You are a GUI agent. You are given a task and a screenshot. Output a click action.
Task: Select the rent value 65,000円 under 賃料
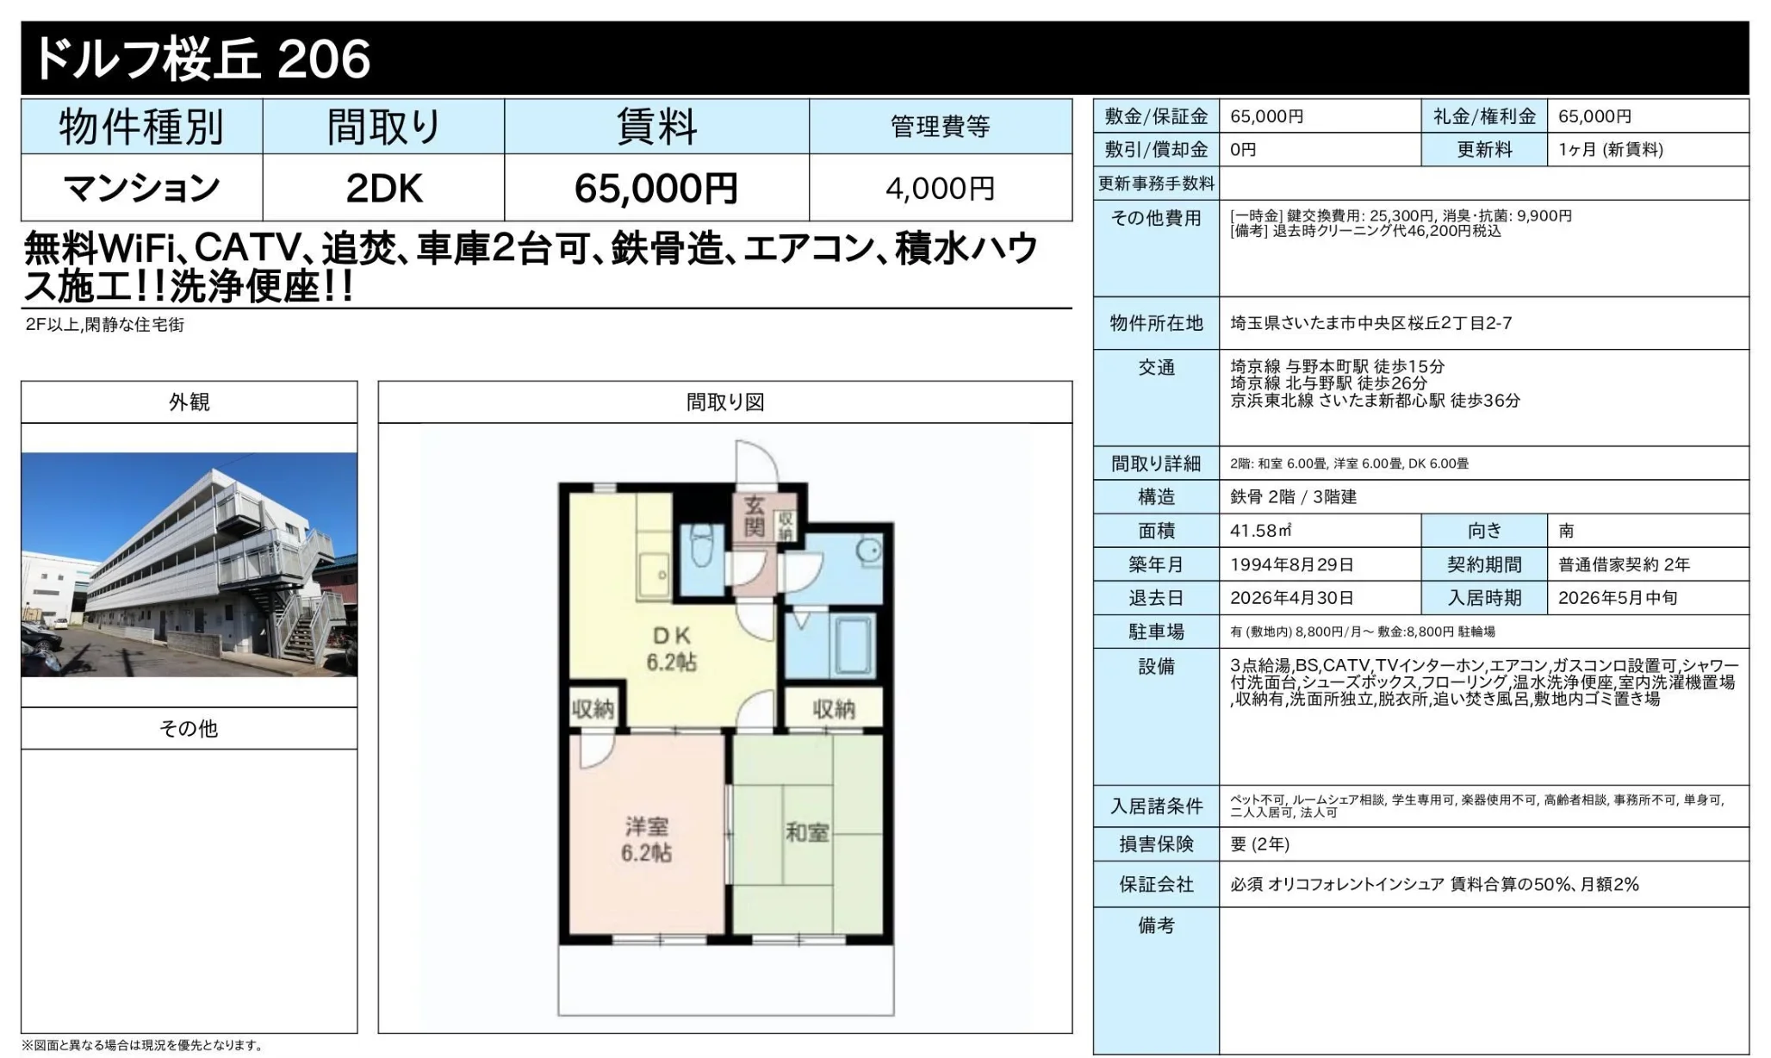coord(656,188)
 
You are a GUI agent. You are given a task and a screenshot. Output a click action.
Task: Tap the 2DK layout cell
coord(383,188)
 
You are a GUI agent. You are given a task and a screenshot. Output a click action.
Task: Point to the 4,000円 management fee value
coord(940,188)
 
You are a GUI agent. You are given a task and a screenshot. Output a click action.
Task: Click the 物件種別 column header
coord(141,127)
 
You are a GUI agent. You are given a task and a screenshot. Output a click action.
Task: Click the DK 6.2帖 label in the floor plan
coord(671,648)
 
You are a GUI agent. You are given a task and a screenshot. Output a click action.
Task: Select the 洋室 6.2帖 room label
coord(646,839)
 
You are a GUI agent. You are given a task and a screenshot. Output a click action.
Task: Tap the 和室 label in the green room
coord(806,832)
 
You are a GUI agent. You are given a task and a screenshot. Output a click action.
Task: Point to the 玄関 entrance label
coord(754,516)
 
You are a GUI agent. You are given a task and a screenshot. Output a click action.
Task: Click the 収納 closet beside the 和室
coord(833,708)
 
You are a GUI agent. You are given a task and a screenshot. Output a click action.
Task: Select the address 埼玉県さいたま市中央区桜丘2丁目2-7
coord(1370,323)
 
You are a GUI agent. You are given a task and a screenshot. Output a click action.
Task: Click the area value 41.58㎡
coord(1260,531)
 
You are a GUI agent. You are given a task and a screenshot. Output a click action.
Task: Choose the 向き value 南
coord(1566,531)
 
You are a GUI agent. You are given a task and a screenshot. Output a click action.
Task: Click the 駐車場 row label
coord(1156,632)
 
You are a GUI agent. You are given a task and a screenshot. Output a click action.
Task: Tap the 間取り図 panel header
coord(724,402)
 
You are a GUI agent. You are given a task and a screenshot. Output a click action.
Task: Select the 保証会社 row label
coord(1156,884)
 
